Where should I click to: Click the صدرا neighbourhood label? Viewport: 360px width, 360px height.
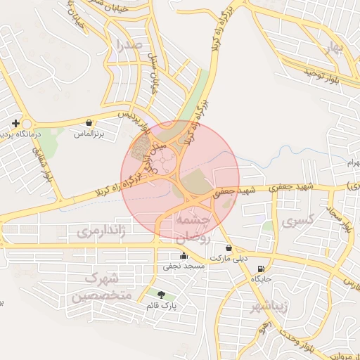click(131, 46)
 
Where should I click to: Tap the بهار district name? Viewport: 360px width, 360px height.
click(331, 47)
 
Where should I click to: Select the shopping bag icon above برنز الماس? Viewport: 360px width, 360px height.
click(89, 122)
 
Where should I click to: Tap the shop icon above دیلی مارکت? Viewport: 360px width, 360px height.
click(229, 248)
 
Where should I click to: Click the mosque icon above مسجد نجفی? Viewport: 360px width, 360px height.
click(184, 256)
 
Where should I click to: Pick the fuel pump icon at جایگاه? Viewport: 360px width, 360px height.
click(262, 269)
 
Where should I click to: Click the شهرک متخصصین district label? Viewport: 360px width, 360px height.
click(101, 287)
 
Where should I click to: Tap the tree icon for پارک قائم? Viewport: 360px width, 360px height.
click(162, 295)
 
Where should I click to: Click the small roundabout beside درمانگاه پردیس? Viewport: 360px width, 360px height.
click(25, 122)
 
